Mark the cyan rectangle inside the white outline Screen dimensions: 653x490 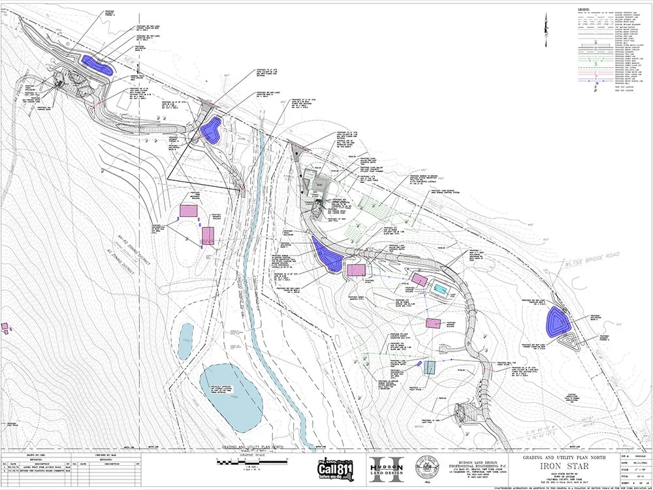coord(441,289)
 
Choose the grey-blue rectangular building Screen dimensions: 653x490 coord(429,367)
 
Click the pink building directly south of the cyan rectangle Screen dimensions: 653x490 coord(432,322)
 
